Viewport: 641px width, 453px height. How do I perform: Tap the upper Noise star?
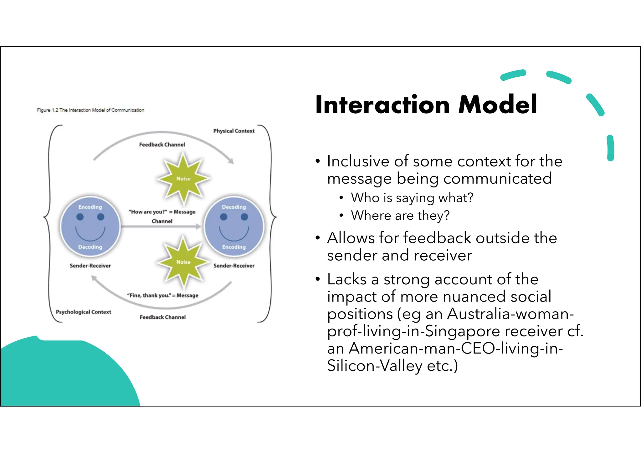183,178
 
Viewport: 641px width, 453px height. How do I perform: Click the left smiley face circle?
90,227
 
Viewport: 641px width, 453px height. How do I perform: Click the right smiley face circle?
234,227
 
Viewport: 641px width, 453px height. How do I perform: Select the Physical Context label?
234,131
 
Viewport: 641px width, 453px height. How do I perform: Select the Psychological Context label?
83,312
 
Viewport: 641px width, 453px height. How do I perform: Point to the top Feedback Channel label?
162,145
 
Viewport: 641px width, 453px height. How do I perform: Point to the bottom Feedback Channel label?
162,317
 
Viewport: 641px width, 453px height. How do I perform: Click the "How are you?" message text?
162,212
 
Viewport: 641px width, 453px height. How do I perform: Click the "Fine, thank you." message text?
162,295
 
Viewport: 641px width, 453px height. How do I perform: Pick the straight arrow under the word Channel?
161,227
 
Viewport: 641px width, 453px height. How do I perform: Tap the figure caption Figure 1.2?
90,110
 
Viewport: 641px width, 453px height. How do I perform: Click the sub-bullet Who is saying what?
412,198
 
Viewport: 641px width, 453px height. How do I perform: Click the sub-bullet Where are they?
400,216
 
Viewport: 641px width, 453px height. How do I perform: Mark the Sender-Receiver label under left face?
90,266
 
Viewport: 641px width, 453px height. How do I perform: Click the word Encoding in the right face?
234,247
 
